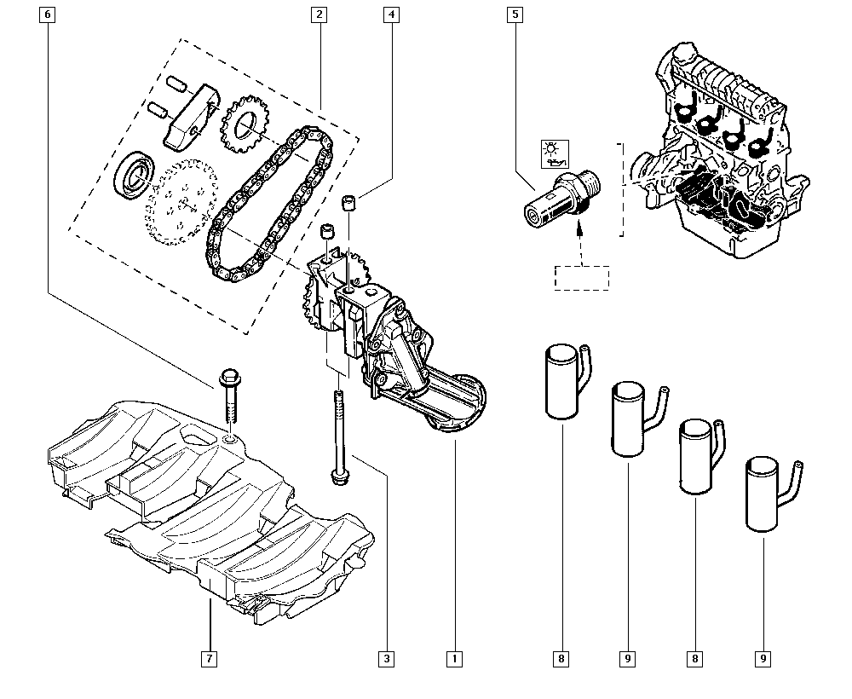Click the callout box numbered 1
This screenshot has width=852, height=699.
(x=454, y=658)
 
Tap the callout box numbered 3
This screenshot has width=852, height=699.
(x=388, y=658)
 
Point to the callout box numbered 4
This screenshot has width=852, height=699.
(x=391, y=14)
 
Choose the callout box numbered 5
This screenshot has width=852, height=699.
(x=514, y=14)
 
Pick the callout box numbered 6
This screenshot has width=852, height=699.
(x=47, y=14)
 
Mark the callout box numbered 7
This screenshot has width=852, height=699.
(x=209, y=658)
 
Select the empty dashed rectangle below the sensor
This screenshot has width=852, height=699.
(x=582, y=278)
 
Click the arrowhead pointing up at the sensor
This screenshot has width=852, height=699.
(x=579, y=227)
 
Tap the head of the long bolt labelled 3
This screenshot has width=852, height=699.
(x=338, y=475)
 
